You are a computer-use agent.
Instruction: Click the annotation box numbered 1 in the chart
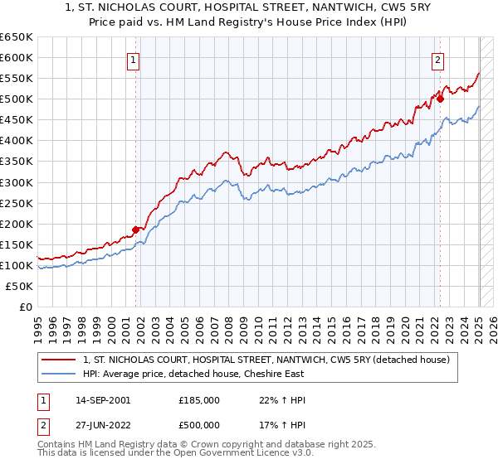(133, 59)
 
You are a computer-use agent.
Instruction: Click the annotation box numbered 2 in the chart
(437, 59)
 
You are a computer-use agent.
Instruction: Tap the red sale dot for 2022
(441, 99)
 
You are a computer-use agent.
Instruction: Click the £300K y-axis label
(17, 182)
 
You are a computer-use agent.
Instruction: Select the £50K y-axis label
(20, 286)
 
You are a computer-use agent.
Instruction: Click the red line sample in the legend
(58, 360)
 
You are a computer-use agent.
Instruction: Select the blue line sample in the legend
(58, 374)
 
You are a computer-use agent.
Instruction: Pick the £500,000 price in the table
(198, 424)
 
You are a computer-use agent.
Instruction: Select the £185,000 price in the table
(198, 400)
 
